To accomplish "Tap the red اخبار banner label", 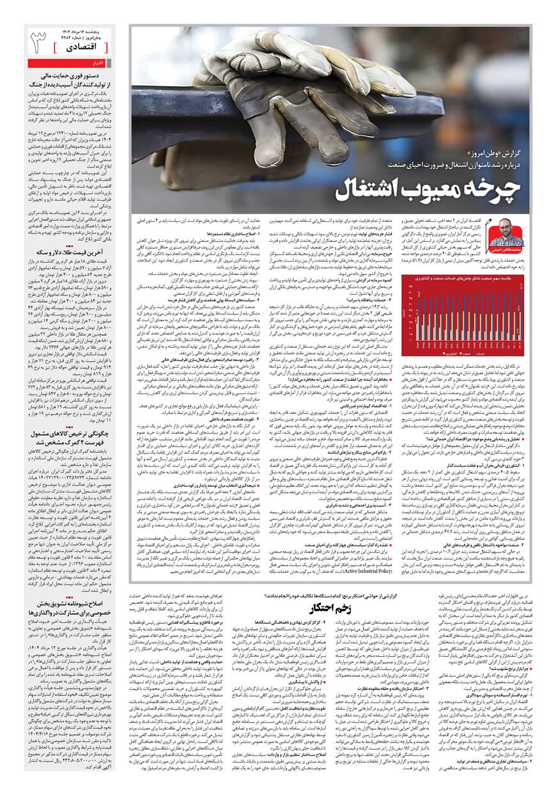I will pos(99,63).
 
